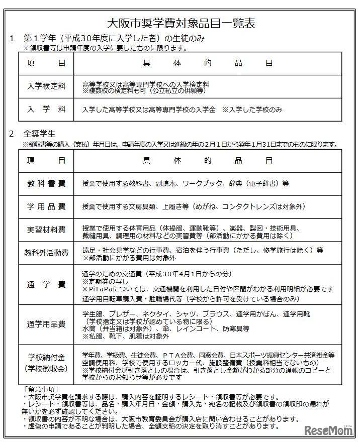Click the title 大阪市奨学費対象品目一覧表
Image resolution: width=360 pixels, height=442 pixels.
coord(181,23)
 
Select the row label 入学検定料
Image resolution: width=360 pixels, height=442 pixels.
coord(46,86)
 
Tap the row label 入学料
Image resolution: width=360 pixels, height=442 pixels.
coord(46,109)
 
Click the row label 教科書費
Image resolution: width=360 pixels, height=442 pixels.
coord(46,183)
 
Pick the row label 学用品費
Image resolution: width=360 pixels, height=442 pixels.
coord(46,206)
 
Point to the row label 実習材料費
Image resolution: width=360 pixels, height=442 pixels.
coord(46,230)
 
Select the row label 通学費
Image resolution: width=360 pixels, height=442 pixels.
coord(46,285)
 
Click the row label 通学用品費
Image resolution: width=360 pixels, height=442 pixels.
coord(46,324)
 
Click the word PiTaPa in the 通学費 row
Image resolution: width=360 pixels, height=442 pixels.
coord(98,289)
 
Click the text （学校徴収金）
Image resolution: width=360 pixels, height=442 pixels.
coord(46,368)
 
